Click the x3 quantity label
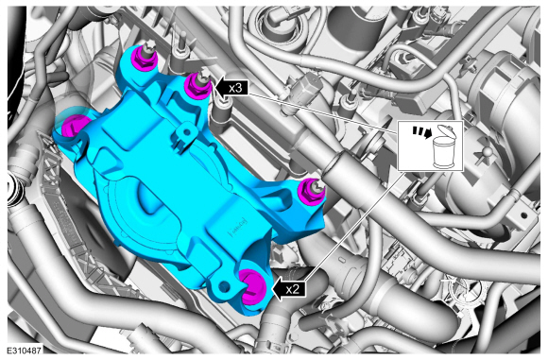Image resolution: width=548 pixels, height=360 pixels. pos(235,87)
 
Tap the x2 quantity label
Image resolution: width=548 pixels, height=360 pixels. pos(292,289)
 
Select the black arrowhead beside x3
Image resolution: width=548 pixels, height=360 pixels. pos(219,87)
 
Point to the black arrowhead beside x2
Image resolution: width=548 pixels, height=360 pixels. pos(277,289)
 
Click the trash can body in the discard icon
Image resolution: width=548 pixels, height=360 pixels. pos(443,153)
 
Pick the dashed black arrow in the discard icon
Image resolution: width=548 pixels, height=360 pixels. pos(420,132)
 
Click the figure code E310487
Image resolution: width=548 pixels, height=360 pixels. pos(25,351)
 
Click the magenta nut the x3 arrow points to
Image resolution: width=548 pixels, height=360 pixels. pos(197,86)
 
